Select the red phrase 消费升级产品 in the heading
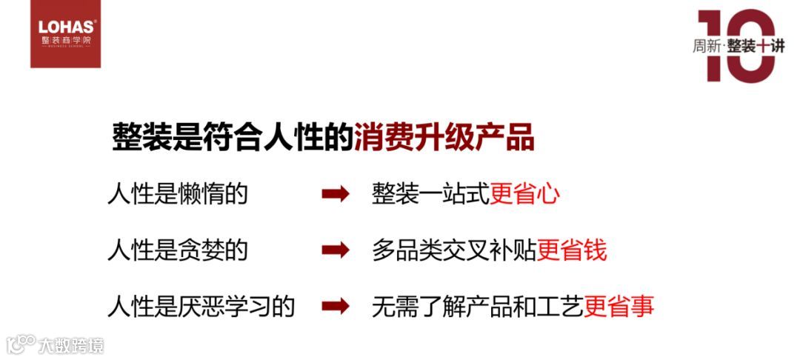pyautogui.click(x=444, y=138)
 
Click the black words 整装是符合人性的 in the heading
pyautogui.click(x=233, y=138)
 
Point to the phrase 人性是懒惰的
pyautogui.click(x=177, y=195)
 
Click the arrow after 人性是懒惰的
pyautogui.click(x=336, y=195)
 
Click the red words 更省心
pyautogui.click(x=524, y=195)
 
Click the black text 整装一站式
pyautogui.click(x=430, y=195)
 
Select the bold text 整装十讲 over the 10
pyautogui.click(x=755, y=46)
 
